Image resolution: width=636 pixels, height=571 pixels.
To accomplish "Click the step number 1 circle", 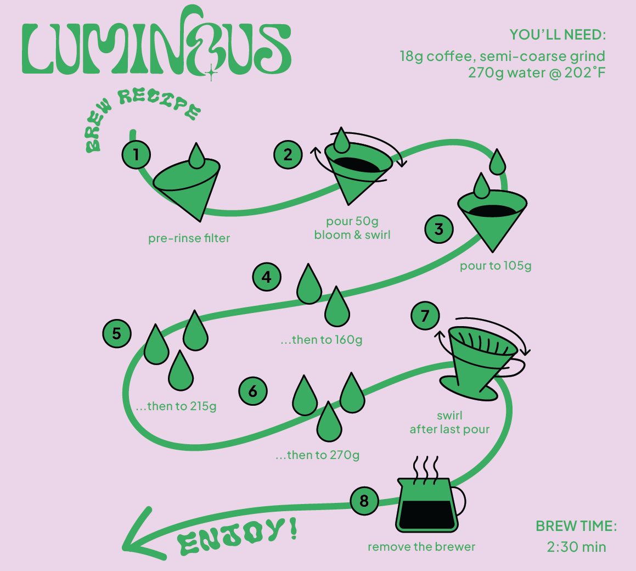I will click(136, 155).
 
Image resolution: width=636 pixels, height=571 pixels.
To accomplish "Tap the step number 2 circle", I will click(288, 155).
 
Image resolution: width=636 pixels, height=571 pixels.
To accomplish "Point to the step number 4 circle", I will click(267, 277).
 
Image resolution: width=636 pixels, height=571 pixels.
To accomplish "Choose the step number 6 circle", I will click(252, 391).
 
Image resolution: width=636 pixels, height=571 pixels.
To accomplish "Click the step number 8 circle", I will click(364, 501).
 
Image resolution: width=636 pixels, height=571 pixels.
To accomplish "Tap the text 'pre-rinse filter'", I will click(189, 238).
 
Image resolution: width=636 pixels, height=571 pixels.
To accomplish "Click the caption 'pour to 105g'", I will click(496, 266).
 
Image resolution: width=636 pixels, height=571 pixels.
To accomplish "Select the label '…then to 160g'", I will click(321, 340).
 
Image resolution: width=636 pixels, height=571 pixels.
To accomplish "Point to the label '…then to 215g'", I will click(176, 407).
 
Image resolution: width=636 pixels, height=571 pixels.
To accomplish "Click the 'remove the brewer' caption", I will click(421, 547).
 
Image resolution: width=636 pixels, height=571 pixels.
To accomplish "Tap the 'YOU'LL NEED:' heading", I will click(558, 35).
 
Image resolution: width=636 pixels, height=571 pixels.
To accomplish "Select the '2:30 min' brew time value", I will click(576, 547).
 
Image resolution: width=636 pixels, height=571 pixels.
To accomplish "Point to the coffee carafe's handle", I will click(460, 501).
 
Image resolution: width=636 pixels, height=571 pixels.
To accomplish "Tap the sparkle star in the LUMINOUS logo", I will click(211, 72).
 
